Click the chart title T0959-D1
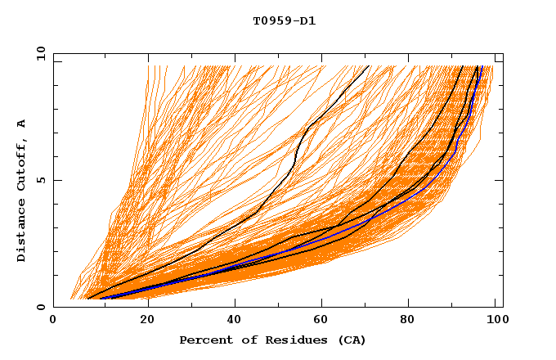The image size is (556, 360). [284, 21]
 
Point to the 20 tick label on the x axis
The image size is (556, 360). [146, 321]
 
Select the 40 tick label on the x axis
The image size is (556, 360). [235, 321]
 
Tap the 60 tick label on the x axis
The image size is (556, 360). [324, 321]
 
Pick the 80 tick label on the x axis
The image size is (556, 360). [412, 321]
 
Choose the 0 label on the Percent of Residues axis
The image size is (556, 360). [54, 321]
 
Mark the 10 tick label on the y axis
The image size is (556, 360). [40, 54]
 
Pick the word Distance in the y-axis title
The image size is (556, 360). [22, 232]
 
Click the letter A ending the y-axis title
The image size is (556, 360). [22, 123]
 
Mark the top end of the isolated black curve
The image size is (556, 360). [370, 65]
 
